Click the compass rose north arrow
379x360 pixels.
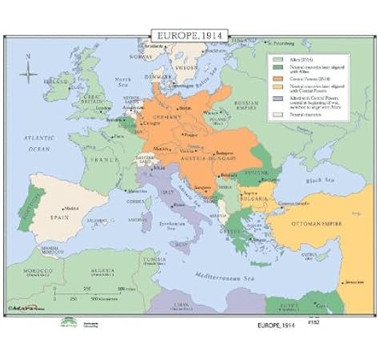click(x=30, y=76)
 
